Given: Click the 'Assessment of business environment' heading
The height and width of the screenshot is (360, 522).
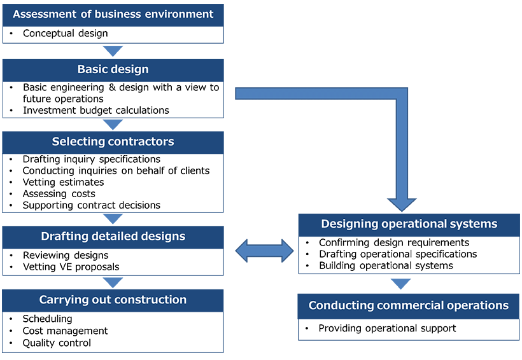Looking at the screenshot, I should (113, 14).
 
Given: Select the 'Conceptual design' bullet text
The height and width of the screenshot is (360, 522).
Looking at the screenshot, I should (66, 34).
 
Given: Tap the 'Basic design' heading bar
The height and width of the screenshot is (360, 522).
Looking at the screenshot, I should (113, 69).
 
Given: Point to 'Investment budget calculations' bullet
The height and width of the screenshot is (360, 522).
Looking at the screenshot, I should (96, 110).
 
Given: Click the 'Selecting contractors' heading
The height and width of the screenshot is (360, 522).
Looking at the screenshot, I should (113, 142).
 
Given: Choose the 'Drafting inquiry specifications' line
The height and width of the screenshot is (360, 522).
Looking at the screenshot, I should (92, 159).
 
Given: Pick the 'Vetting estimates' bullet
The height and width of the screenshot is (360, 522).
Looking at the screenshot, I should (63, 182).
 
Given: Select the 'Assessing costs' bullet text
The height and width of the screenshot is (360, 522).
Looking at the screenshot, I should (59, 193).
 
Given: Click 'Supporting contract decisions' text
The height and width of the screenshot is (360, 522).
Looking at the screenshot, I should (92, 205).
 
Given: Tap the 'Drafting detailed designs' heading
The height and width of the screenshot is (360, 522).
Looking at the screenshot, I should (113, 237).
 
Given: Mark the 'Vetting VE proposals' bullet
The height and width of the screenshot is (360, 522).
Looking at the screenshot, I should (71, 267).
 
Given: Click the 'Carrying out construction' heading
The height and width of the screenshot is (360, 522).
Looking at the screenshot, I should (113, 300).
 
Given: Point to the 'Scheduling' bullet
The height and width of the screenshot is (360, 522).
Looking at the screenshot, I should (48, 319).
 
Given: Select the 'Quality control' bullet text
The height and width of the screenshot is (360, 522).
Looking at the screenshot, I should (57, 343).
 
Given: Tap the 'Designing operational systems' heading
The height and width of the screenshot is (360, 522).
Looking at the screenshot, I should (409, 224).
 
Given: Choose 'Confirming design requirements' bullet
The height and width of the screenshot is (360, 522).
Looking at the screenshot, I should (394, 242).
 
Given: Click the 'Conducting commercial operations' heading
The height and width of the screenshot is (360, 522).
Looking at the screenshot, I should (409, 305).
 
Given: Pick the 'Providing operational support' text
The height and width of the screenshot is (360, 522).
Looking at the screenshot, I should (388, 328).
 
